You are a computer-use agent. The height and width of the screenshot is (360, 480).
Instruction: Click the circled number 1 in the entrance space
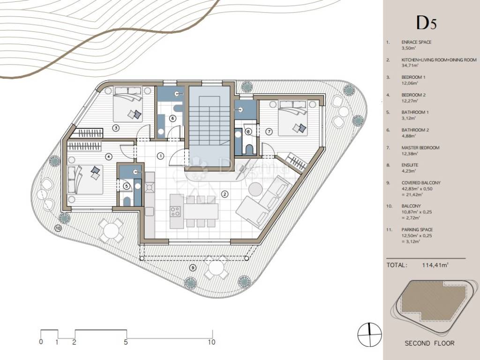click(x=160, y=156)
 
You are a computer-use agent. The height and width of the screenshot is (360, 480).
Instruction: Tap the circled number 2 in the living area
click(x=225, y=194)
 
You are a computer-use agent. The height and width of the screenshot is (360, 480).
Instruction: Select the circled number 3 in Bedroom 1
click(x=116, y=128)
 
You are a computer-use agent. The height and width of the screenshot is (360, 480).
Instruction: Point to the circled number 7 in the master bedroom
click(x=269, y=132)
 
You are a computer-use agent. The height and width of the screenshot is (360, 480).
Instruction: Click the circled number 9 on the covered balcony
click(x=193, y=268)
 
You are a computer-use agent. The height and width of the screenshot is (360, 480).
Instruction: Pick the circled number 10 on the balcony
click(x=58, y=228)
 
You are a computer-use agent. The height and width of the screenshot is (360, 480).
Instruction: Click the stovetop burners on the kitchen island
click(x=175, y=211)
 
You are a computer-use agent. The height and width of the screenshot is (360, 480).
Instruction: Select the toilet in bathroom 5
click(x=127, y=201)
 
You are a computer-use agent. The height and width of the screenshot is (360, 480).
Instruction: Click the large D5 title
click(x=427, y=22)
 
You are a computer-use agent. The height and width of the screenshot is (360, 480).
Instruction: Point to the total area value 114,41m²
click(x=435, y=265)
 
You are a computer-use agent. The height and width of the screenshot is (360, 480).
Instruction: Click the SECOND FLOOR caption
click(x=429, y=344)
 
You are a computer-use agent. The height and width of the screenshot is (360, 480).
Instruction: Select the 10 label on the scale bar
click(x=211, y=342)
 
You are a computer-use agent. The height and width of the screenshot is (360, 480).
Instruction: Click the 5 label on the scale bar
click(x=126, y=342)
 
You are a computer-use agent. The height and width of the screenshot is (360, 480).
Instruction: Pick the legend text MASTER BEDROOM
click(x=420, y=148)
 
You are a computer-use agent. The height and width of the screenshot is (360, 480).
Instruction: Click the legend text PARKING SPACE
click(x=417, y=230)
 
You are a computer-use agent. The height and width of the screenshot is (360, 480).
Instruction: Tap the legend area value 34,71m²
click(x=410, y=66)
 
